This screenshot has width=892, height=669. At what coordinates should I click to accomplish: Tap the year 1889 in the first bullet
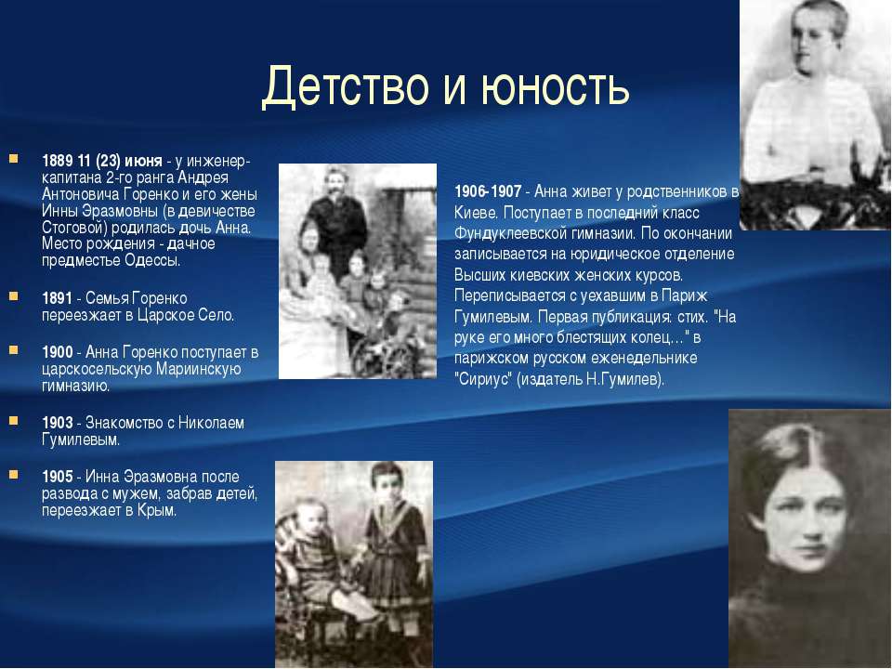[x=58, y=161]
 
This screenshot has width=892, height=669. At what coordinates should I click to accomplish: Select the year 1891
[x=58, y=298]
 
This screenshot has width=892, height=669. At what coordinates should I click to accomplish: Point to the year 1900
[x=58, y=352]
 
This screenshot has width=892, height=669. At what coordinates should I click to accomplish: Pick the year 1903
[x=58, y=423]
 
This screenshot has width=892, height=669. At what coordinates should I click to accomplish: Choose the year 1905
[x=58, y=477]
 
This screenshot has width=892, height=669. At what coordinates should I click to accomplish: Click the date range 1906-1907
[x=488, y=191]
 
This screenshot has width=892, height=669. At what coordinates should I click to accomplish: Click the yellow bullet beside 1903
[x=14, y=421]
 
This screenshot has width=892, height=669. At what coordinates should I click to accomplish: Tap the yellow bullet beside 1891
[x=14, y=295]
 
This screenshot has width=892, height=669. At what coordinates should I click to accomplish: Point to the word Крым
[x=157, y=510]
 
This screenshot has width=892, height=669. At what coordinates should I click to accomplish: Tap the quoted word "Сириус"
[x=483, y=379]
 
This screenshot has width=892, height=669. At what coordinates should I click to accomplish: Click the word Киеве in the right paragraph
[x=476, y=213]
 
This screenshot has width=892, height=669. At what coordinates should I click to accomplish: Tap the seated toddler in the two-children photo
[x=310, y=560]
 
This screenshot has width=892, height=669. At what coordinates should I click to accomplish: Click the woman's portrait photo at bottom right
[x=810, y=538]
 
